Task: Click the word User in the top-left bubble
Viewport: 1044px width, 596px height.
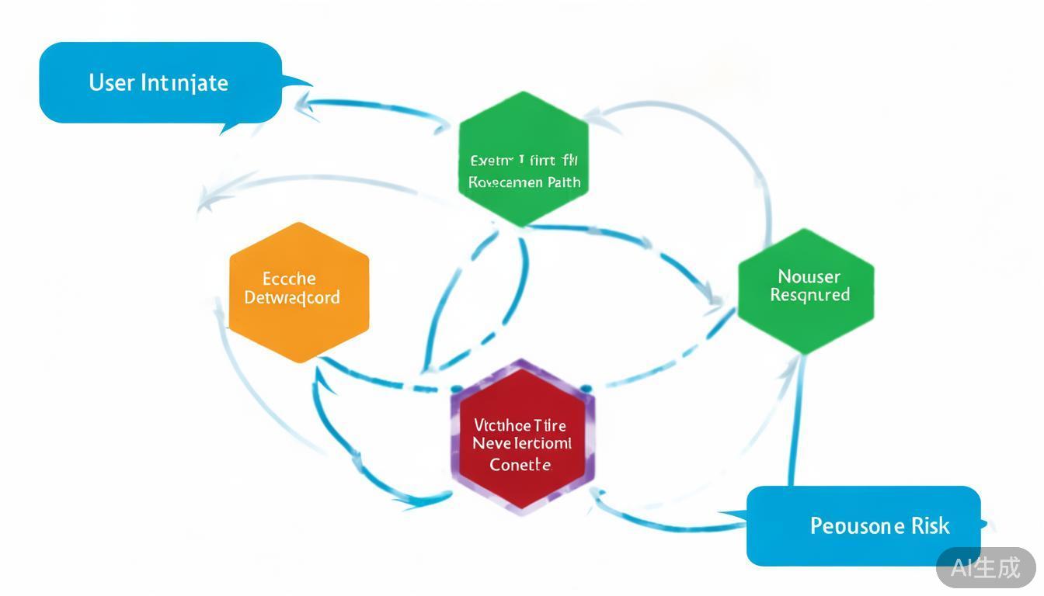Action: pos(112,82)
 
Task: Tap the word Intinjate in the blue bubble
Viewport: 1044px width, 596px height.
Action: pos(184,83)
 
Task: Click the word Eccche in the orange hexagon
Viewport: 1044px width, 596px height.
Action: pos(289,279)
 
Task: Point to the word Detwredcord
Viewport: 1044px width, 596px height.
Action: pos(292,297)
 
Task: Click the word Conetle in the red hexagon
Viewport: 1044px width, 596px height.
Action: pos(520,465)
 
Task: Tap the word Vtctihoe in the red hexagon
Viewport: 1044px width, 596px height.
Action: pos(502,425)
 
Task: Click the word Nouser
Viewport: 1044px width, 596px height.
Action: pos(809,276)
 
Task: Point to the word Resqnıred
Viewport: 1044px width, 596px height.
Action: pos(809,295)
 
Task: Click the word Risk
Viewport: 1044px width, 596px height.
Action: pos(931,525)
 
